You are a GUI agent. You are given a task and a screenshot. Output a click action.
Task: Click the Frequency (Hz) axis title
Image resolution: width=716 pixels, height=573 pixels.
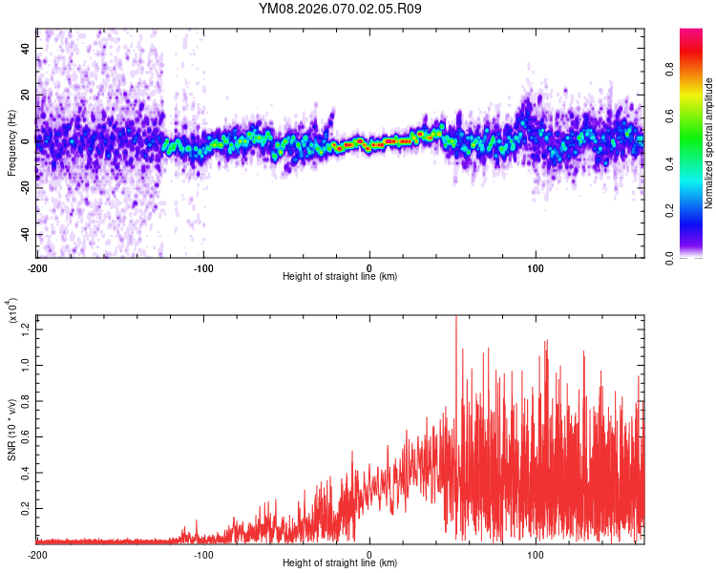[11, 142]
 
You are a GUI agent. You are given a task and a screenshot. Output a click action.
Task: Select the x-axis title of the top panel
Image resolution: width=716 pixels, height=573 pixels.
[341, 277]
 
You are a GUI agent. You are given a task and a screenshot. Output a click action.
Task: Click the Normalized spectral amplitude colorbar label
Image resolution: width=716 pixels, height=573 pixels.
[709, 143]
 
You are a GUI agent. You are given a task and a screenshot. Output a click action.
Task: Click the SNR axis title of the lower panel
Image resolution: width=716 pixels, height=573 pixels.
[11, 430]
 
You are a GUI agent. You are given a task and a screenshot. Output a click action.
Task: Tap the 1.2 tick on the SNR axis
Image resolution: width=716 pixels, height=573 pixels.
[26, 329]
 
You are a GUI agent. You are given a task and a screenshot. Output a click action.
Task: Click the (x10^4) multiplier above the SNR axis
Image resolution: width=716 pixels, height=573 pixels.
[12, 311]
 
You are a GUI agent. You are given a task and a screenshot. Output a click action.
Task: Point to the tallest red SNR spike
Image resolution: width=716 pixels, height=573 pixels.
[455, 317]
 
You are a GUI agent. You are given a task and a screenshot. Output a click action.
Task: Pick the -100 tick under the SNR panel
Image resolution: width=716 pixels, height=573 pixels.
[203, 555]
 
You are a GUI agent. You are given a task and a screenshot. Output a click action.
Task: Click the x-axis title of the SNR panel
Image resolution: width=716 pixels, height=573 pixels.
[341, 563]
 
